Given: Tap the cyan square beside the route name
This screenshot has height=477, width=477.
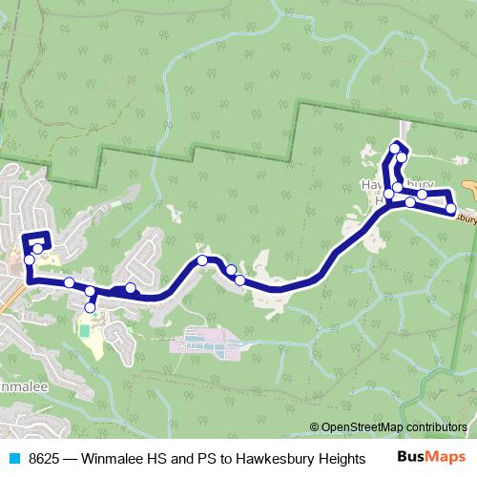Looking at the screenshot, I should (x=14, y=459).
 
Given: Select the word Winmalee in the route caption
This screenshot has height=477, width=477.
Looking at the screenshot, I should (x=114, y=459).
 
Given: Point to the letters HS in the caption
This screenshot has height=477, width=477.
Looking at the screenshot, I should (x=158, y=459).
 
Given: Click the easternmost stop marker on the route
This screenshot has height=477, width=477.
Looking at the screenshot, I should (x=450, y=210).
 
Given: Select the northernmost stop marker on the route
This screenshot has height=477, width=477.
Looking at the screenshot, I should (x=394, y=148).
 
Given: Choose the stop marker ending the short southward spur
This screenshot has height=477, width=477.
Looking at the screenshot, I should (x=91, y=307).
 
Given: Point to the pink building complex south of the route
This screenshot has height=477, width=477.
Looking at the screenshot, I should (x=205, y=344).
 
